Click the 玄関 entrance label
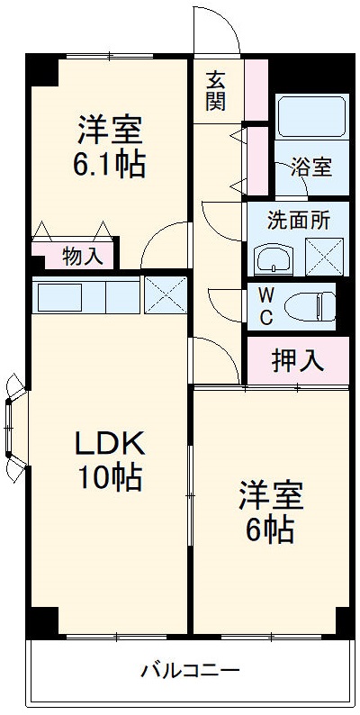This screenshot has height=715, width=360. click(x=216, y=89)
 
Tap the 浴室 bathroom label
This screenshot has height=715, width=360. click(x=311, y=167)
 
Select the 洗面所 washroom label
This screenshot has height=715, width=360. click(x=298, y=221)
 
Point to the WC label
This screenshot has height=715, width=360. click(x=267, y=306)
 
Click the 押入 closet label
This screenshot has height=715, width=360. click(x=297, y=360)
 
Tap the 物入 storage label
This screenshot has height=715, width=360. click(x=82, y=256)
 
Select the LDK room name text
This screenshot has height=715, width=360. click(x=109, y=443)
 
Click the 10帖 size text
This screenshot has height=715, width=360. click(x=109, y=477)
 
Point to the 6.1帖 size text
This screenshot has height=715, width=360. click(x=109, y=166)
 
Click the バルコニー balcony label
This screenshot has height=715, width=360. click(x=190, y=671)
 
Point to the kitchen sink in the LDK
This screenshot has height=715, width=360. click(x=58, y=295)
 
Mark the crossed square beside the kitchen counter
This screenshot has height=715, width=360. click(x=165, y=295)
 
